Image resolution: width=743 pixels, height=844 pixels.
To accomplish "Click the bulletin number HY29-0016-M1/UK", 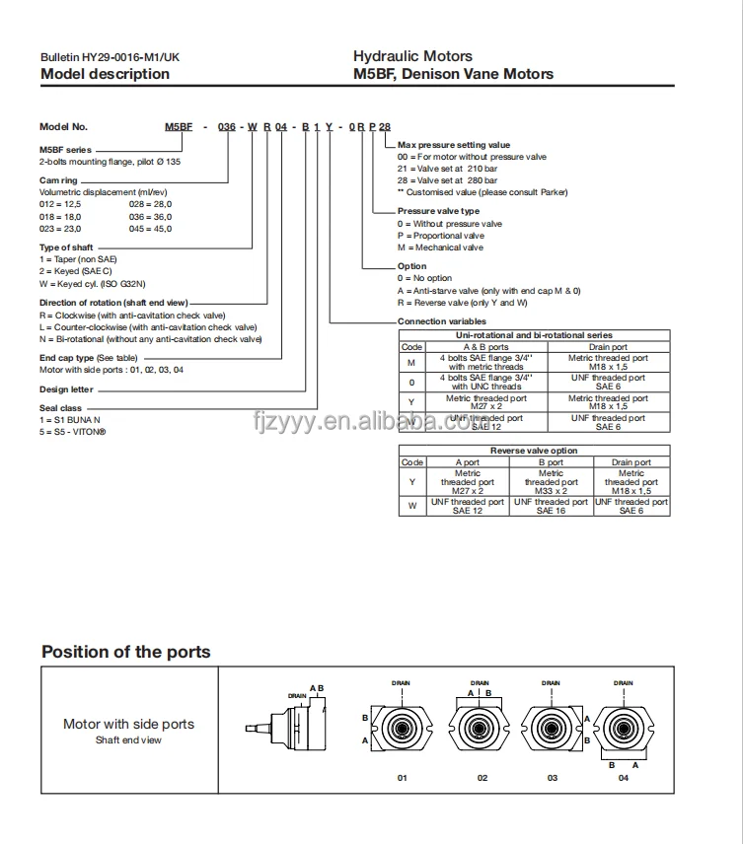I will pos(111,58).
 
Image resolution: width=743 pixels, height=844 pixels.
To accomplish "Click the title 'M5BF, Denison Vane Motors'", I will pos(453,74).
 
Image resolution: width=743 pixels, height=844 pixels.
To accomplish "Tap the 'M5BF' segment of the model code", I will pos(178,127).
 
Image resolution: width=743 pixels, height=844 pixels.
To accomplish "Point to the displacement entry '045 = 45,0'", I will pos(150,228).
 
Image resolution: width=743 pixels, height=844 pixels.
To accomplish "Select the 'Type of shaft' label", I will pos(68,247).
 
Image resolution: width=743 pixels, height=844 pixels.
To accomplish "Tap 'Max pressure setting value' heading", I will pos(454,145).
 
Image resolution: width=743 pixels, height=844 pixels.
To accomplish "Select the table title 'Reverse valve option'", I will pos(534,451).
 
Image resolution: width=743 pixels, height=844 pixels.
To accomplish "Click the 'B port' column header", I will pos(551,461).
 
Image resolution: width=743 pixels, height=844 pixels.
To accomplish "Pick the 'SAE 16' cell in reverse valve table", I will pos(551,510).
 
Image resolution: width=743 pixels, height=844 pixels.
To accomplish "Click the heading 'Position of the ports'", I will pos(125,652).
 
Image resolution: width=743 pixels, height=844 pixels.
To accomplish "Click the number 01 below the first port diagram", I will pos(402,778).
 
